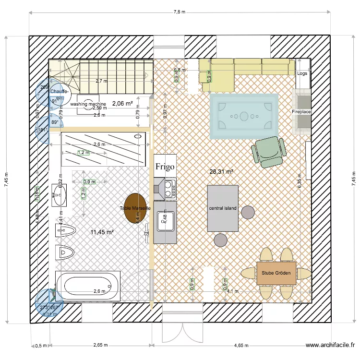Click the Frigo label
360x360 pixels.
pyautogui.click(x=165, y=167)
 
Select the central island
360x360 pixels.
pyautogui.click(x=222, y=208)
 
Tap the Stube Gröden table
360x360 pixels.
pyautogui.click(x=276, y=273)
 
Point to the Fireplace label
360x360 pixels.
pyautogui.click(x=301, y=111)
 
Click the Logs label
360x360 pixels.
pyautogui.click(x=302, y=73)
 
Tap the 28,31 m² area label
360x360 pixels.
pyautogui.click(x=221, y=171)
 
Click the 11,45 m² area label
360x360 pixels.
pyautogui.click(x=102, y=232)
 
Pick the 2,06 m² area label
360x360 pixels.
pyautogui.click(x=122, y=103)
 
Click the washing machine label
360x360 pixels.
pyautogui.click(x=88, y=104)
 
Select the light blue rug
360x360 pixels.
pyautogui.click(x=244, y=116)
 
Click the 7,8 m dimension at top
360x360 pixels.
pyautogui.click(x=179, y=12)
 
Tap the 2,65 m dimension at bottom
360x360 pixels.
pyautogui.click(x=100, y=345)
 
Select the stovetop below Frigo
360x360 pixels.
pyautogui.click(x=169, y=188)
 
